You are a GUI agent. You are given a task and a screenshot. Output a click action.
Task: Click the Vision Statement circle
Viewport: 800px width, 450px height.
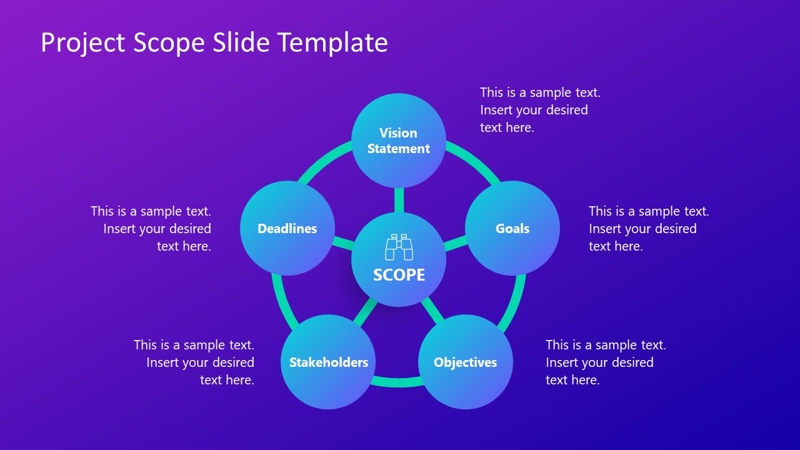[399, 141]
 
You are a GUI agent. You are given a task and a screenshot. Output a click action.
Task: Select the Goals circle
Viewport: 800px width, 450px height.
[512, 228]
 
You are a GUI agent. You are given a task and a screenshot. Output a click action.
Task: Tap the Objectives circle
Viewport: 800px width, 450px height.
[466, 362]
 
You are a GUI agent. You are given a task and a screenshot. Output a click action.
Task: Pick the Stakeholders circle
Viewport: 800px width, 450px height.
[328, 362]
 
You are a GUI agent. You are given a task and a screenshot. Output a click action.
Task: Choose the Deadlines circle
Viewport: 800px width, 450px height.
[287, 228]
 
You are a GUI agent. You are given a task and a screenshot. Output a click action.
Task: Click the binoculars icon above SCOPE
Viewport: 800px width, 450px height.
[399, 247]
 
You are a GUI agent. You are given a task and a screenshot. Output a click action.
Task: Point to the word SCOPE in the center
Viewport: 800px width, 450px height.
[399, 275]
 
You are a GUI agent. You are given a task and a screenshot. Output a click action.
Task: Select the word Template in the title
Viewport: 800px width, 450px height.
[332, 43]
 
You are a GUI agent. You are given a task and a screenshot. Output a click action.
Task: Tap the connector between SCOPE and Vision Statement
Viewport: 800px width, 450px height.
[399, 200]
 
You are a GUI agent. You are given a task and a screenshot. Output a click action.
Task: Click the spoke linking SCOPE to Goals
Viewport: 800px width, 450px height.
[455, 242]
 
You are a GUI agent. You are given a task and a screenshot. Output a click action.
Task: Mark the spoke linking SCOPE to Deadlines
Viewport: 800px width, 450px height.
[343, 242]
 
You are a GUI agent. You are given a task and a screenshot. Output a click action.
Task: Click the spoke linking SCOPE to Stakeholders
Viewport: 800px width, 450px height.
[366, 311]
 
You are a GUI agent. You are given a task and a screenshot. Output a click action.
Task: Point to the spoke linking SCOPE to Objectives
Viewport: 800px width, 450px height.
[432, 311]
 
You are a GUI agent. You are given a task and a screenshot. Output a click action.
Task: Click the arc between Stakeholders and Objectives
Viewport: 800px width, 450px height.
[397, 381]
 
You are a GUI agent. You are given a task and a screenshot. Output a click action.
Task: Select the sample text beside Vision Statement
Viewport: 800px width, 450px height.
[539, 110]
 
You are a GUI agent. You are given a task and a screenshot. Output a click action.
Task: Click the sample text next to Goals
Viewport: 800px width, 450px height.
[648, 229]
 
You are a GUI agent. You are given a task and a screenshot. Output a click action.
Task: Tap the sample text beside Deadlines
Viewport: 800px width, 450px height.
[152, 229]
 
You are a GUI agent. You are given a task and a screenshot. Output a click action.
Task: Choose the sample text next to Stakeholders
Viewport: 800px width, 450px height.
[194, 362]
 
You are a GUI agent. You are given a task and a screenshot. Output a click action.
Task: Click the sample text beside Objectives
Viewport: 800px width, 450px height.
[605, 362]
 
